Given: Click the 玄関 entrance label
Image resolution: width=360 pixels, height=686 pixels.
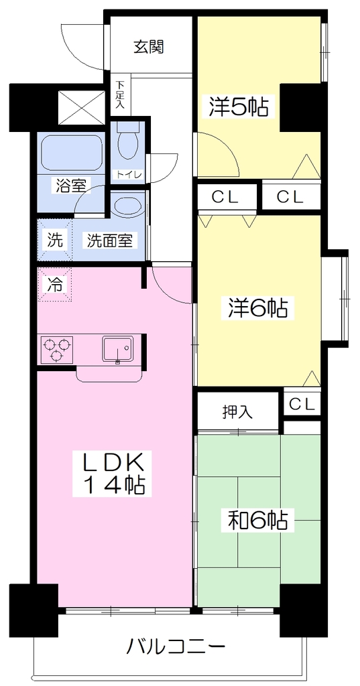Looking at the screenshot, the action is [x=148, y=47].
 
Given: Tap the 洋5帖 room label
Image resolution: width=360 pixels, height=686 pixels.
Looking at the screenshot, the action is [x=238, y=106].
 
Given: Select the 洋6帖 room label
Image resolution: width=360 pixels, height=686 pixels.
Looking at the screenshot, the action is [x=257, y=308].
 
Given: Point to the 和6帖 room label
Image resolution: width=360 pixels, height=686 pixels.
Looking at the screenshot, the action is [x=257, y=520].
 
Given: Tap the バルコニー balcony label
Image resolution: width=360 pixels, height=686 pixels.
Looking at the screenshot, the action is [x=176, y=646].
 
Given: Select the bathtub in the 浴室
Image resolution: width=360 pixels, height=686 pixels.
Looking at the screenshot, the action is [x=71, y=153].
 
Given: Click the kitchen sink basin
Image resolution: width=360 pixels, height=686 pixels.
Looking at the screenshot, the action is [x=118, y=348].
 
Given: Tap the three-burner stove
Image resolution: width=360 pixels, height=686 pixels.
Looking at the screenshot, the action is [x=57, y=348].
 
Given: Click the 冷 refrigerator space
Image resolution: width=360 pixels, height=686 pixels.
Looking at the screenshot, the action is [x=55, y=285].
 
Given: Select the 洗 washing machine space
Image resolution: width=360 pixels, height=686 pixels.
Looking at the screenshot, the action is [x=55, y=241].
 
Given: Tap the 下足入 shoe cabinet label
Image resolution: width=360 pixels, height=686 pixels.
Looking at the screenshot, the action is [x=120, y=94].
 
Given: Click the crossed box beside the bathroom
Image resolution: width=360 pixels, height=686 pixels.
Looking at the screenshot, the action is [x=82, y=108].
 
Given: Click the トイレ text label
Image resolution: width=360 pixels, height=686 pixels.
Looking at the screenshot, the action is [x=128, y=175].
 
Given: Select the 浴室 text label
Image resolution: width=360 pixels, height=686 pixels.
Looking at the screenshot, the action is [x=70, y=186].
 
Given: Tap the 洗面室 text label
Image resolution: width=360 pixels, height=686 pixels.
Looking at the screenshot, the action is [x=109, y=241].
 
